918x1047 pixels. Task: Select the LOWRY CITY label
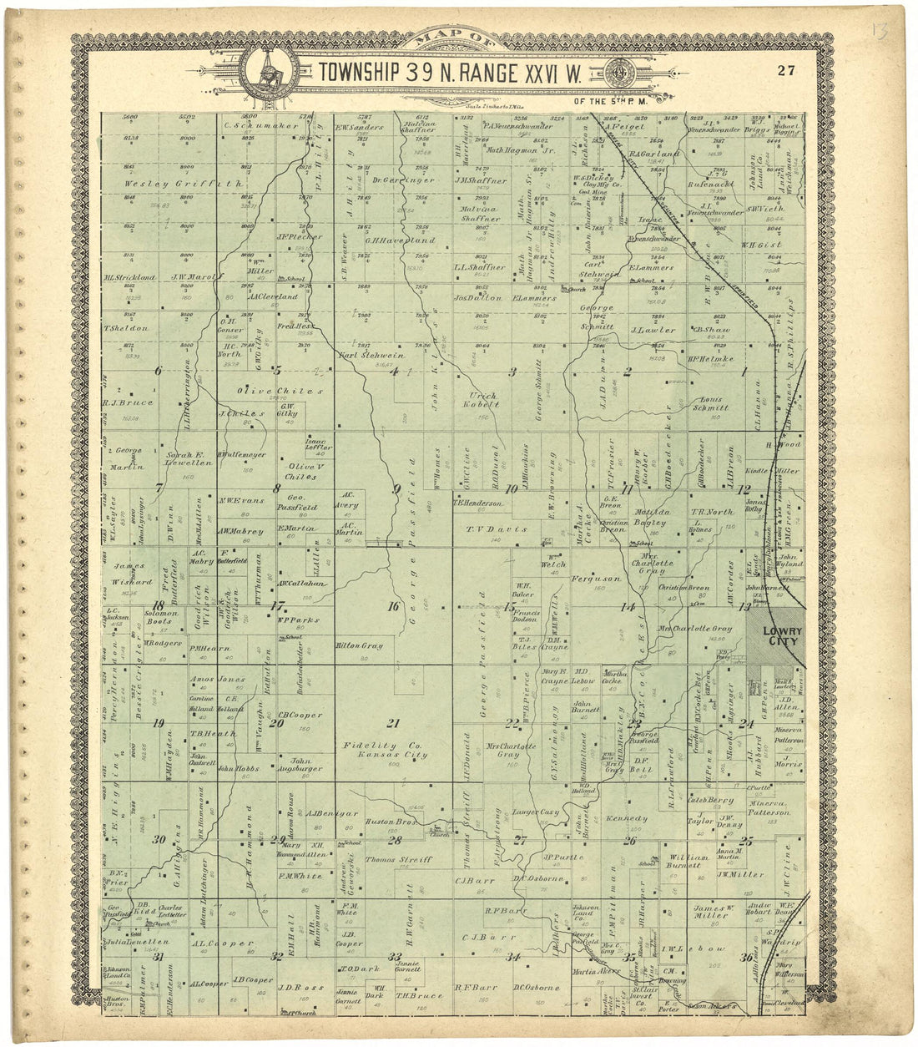tap(774, 637)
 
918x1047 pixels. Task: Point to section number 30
tap(159, 839)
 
